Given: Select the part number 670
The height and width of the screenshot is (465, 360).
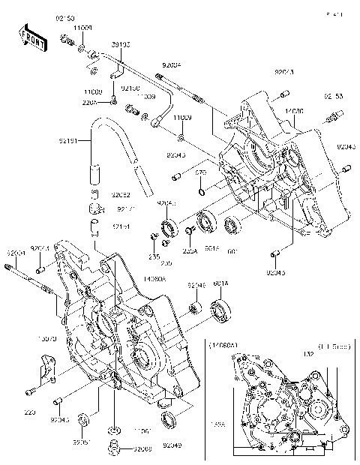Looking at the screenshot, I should [x=200, y=173].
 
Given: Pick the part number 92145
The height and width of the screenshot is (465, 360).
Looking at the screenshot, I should [x=196, y=286].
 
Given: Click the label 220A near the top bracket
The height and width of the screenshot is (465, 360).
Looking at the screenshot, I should [x=89, y=103].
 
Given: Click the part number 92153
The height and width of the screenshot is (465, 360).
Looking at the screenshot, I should [x=334, y=97].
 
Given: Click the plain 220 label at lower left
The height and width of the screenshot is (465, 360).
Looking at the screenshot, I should [x=29, y=412].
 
